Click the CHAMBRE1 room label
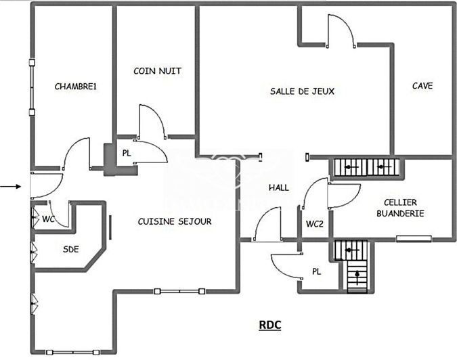pyautogui.click(x=76, y=87)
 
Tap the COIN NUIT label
pyautogui.click(x=157, y=71)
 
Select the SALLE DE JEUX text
pyautogui.click(x=302, y=91)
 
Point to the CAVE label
pyautogui.click(x=422, y=86)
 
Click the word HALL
pyautogui.click(x=278, y=188)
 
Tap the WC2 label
pyautogui.click(x=313, y=224)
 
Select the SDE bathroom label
pyautogui.click(x=71, y=249)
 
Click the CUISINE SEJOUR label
pyautogui.click(x=175, y=221)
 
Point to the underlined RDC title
pyautogui.click(x=270, y=325)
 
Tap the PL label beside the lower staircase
pyautogui.click(x=315, y=271)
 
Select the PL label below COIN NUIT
pyautogui.click(x=127, y=154)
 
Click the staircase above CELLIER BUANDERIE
pyautogui.click(x=366, y=166)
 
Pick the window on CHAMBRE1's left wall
pyautogui.click(x=31, y=88)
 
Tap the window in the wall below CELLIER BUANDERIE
pyautogui.click(x=413, y=238)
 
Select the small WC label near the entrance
pyautogui.click(x=48, y=219)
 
